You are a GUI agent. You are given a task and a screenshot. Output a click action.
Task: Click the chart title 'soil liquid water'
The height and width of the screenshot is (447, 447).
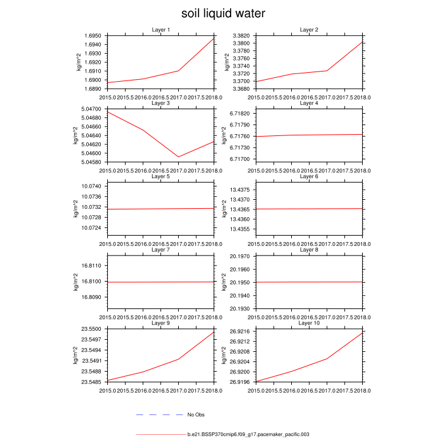click(223, 14)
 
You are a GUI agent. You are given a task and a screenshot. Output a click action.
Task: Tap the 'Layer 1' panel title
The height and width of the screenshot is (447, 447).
click(161, 30)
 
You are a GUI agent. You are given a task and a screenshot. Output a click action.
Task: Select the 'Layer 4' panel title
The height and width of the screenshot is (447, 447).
click(309, 103)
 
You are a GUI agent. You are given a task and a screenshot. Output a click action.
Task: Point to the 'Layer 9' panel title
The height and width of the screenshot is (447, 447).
click(161, 323)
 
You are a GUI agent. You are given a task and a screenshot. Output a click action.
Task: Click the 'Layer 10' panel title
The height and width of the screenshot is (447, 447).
click(309, 323)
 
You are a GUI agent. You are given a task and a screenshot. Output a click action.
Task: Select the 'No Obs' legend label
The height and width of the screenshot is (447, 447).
click(195, 415)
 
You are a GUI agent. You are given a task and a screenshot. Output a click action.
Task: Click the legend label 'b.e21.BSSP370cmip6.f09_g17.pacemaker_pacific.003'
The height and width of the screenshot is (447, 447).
click(248, 434)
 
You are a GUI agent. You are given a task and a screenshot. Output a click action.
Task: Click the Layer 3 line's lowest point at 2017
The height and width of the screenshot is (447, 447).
click(178, 156)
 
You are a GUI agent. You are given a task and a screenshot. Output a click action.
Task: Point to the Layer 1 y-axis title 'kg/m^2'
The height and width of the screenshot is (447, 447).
click(79, 61)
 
